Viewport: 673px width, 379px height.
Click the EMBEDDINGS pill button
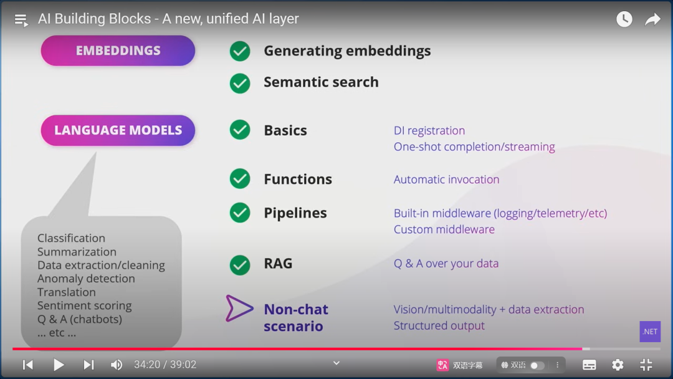(118, 50)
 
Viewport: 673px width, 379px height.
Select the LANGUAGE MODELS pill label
(118, 130)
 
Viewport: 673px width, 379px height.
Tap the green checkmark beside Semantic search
(240, 83)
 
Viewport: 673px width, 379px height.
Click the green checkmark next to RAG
(240, 264)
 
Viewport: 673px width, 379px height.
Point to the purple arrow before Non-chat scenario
(239, 309)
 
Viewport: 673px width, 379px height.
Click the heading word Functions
(298, 180)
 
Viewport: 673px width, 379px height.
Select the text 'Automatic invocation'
(446, 180)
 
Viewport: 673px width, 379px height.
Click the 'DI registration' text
(429, 130)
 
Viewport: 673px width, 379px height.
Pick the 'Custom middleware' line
(444, 229)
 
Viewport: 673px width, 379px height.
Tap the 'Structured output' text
(439, 325)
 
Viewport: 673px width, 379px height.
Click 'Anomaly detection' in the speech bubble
(86, 279)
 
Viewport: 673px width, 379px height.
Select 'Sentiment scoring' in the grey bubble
(84, 305)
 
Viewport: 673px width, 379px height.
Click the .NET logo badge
(650, 332)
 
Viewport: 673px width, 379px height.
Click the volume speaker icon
(117, 365)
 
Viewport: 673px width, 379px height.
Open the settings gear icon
(618, 365)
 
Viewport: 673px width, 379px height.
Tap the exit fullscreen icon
(646, 365)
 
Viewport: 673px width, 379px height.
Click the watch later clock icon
(624, 19)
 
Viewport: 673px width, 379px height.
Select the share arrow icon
(652, 19)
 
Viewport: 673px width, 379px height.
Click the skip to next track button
(88, 365)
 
